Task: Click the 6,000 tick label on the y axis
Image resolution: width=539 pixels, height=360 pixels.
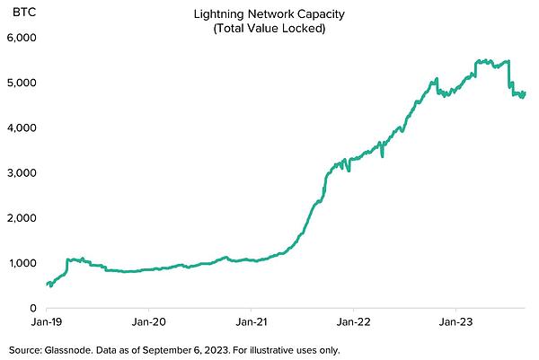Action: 19,39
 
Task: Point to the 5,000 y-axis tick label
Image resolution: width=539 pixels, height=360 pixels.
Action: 19,83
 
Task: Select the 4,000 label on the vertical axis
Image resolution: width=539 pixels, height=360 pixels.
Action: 19,128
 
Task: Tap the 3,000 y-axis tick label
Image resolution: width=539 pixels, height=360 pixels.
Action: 19,173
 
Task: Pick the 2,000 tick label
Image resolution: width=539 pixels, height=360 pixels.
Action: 19,218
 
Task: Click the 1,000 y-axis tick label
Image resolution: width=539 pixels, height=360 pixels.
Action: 19,263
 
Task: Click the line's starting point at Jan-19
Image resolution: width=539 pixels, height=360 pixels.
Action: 46,285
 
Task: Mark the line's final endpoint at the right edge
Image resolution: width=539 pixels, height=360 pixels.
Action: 525,92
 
